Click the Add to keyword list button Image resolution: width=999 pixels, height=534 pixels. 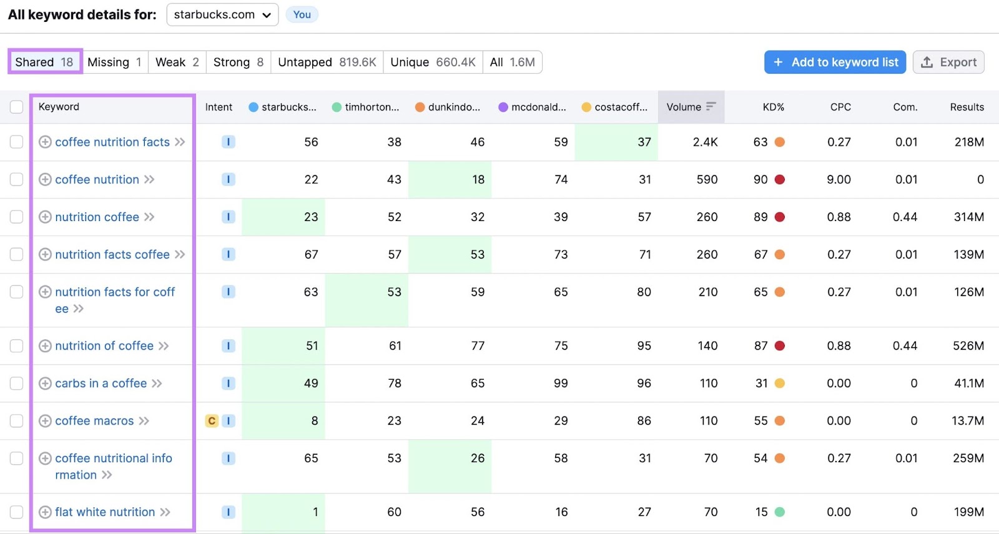pyautogui.click(x=835, y=62)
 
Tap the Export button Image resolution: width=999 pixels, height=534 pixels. pyautogui.click(x=948, y=62)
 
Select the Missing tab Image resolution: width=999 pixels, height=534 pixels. pyautogui.click(x=115, y=62)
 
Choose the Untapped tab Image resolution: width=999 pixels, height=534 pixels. pyautogui.click(x=327, y=62)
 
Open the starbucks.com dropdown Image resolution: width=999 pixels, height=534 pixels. pyautogui.click(x=222, y=15)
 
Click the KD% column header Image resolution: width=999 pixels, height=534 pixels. pyautogui.click(x=773, y=107)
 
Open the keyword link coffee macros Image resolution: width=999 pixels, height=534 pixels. pyautogui.click(x=94, y=421)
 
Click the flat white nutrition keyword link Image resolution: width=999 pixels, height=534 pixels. pyautogui.click(x=105, y=512)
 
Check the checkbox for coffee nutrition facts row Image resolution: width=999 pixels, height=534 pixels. pyautogui.click(x=17, y=142)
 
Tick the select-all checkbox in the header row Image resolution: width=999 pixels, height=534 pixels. pyautogui.click(x=17, y=107)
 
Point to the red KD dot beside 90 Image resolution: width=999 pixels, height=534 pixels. pyautogui.click(x=780, y=180)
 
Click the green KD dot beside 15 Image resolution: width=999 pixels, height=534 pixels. pyautogui.click(x=780, y=512)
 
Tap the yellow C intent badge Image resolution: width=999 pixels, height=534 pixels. pyautogui.click(x=212, y=421)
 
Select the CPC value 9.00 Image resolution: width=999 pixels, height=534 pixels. pyautogui.click(x=839, y=180)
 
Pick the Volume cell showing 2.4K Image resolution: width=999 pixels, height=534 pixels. pyautogui.click(x=705, y=142)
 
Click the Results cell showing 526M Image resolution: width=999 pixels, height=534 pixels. pyautogui.click(x=968, y=346)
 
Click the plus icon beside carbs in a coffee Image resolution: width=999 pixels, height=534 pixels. pyautogui.click(x=45, y=383)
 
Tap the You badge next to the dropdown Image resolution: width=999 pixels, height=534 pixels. pyautogui.click(x=302, y=15)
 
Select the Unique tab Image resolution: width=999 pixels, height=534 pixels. pyautogui.click(x=433, y=62)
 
